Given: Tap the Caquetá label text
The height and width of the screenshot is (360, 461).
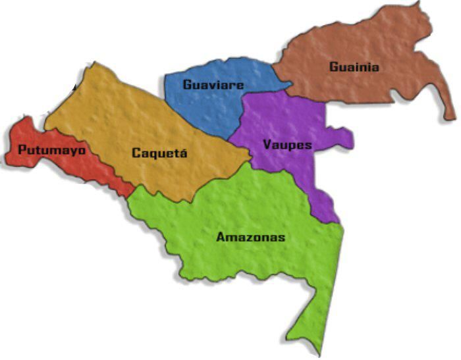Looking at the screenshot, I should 159,153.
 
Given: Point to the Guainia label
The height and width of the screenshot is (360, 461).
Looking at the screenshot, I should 354,66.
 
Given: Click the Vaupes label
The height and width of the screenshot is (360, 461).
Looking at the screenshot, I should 286,144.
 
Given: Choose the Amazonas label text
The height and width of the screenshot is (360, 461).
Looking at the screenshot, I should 250,237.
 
